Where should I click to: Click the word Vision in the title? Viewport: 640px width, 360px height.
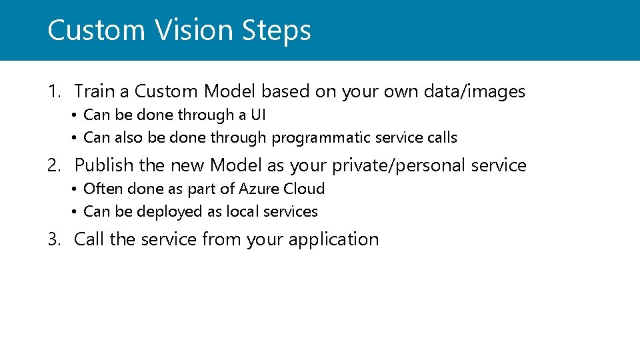(194, 31)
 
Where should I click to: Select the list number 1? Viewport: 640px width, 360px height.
(53, 91)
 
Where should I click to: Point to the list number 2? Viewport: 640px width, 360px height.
(54, 165)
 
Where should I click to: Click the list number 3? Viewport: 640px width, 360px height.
(53, 239)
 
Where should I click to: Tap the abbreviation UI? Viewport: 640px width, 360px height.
(258, 115)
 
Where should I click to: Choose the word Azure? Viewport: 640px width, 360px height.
(259, 189)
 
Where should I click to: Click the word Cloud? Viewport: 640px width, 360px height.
(304, 189)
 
